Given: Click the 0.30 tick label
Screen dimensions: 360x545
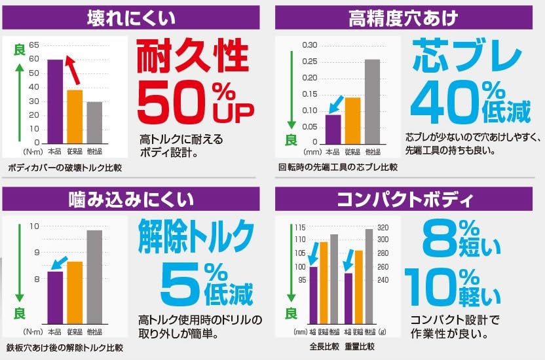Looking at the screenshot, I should tap(309, 45).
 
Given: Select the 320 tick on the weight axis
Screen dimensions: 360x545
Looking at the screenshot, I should tap(383, 227).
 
